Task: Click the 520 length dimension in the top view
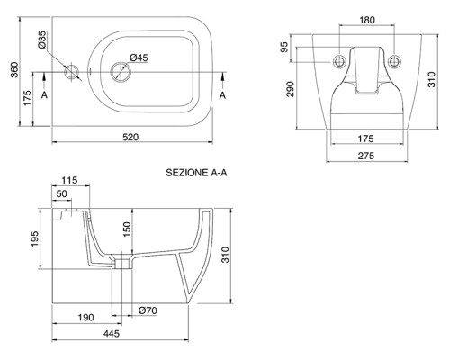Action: [x=130, y=138]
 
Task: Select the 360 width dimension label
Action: [x=14, y=69]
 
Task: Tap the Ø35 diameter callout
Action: [x=42, y=40]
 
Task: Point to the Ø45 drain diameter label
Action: [x=139, y=58]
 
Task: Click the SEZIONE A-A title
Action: [x=196, y=173]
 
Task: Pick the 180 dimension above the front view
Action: [x=367, y=20]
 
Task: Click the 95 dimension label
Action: [x=284, y=47]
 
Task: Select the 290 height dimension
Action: [x=291, y=89]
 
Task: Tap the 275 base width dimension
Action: [x=366, y=156]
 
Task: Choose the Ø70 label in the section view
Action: [x=148, y=310]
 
